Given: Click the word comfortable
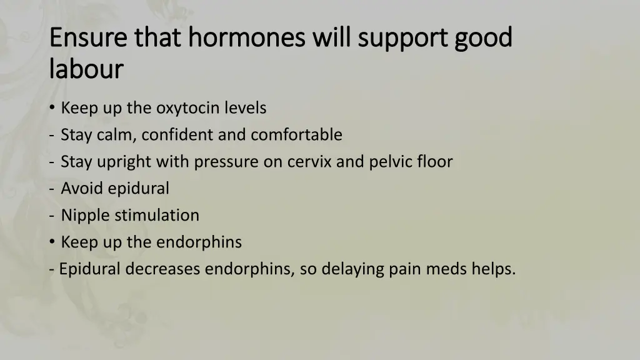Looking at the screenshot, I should coord(297,134).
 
